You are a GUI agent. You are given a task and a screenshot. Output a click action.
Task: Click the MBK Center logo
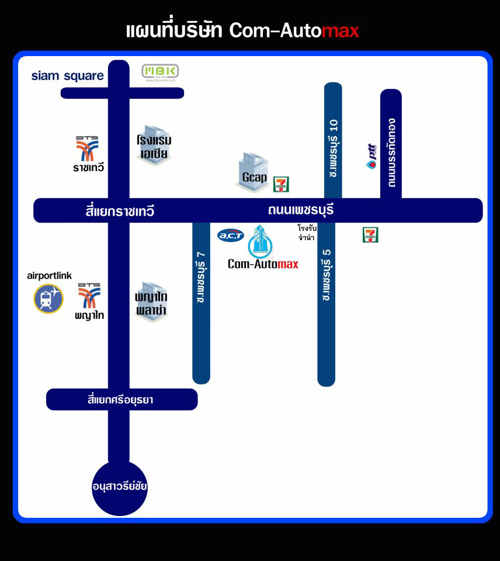click(x=161, y=72)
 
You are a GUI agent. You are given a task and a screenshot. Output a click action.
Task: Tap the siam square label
click(x=67, y=76)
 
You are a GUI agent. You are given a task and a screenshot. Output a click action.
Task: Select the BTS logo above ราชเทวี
click(x=88, y=148)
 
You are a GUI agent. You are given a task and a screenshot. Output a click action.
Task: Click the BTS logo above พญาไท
click(x=89, y=296)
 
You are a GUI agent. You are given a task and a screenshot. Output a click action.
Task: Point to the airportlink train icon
click(x=48, y=299)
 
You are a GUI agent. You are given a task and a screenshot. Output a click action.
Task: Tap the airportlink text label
click(x=50, y=276)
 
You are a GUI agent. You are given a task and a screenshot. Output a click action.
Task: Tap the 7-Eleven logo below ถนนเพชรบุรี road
click(x=370, y=235)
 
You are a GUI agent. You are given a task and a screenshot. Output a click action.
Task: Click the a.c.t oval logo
click(x=231, y=236)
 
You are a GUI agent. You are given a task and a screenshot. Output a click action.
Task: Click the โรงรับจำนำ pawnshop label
click(x=306, y=233)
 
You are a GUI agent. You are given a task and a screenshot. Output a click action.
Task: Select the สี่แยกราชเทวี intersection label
click(x=119, y=211)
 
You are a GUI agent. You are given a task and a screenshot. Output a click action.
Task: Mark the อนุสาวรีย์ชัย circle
click(x=119, y=488)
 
